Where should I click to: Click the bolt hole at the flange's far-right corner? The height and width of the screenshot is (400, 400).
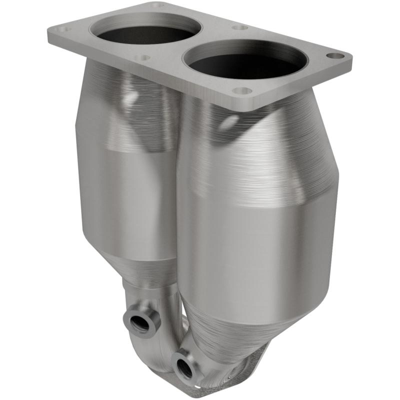click(x=336, y=56)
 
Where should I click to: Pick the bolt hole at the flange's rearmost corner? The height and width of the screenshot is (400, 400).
click(x=157, y=4)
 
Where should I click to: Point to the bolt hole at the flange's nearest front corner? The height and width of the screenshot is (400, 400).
click(x=242, y=91)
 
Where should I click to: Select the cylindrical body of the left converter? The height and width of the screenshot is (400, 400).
click(x=125, y=200)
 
